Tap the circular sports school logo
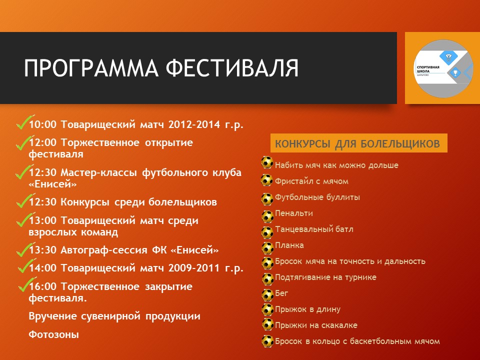point(442,68)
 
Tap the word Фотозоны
point(54,334)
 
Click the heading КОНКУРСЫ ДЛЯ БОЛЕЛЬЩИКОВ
point(357,143)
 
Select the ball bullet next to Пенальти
point(267,216)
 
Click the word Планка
point(289,245)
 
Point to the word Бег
point(281,293)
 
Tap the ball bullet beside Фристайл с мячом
point(266,180)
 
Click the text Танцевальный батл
point(314,229)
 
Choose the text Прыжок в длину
point(307,309)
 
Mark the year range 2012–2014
point(194,124)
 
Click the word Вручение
point(52,316)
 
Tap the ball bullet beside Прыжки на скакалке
point(268,324)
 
